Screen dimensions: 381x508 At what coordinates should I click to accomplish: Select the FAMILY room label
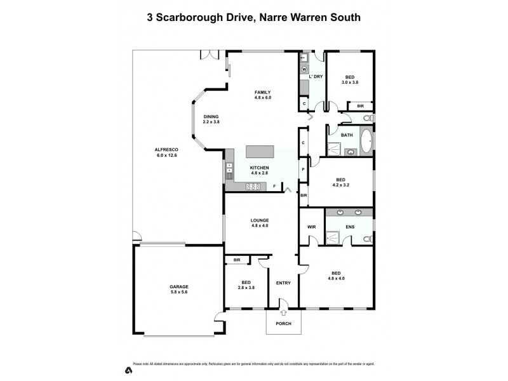pyautogui.click(x=262, y=93)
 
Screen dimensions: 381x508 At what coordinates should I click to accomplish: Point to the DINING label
pyautogui.click(x=211, y=116)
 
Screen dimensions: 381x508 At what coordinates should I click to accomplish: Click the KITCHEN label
pyautogui.click(x=260, y=168)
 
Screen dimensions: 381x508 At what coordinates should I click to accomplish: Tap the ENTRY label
pyautogui.click(x=283, y=283)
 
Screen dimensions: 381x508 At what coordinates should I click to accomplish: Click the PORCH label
pyautogui.click(x=283, y=324)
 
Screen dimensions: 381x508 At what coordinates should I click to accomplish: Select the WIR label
pyautogui.click(x=312, y=226)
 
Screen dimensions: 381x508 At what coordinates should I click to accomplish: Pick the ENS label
pyautogui.click(x=350, y=226)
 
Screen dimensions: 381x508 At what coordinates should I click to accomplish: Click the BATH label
pyautogui.click(x=347, y=135)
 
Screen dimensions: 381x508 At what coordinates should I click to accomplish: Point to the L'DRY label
pyautogui.click(x=316, y=77)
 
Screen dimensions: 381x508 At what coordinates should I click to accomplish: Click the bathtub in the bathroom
pyautogui.click(x=366, y=142)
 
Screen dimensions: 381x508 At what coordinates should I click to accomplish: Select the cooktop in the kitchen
pyautogui.click(x=254, y=186)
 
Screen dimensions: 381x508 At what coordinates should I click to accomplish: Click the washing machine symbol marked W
pyautogui.click(x=304, y=69)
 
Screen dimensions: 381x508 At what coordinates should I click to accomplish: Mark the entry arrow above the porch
pyautogui.click(x=283, y=311)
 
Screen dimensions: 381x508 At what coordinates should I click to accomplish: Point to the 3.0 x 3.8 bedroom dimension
pyautogui.click(x=350, y=83)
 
